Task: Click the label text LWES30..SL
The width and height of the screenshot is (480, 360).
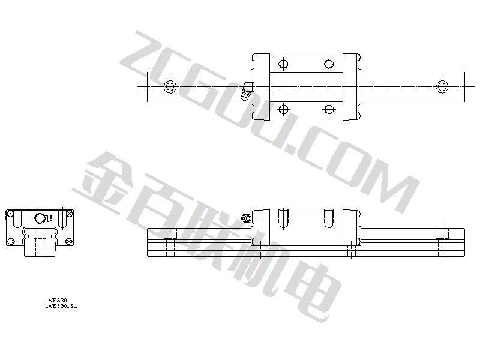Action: [x=61, y=306]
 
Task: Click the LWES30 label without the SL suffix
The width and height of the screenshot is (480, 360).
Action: [x=56, y=301]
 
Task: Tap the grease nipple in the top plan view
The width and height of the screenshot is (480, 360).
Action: [x=246, y=92]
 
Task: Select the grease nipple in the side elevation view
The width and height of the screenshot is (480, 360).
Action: [x=246, y=218]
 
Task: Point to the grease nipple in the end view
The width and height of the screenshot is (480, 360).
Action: [x=43, y=218]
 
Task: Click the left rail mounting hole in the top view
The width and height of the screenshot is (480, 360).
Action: [x=170, y=86]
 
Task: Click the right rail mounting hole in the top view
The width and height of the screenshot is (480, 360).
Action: [x=442, y=86]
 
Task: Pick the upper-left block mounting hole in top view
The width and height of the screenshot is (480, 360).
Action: [x=283, y=64]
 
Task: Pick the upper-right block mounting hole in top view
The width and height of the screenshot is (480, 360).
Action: [x=328, y=64]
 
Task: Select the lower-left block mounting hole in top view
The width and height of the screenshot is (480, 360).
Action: [x=283, y=109]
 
